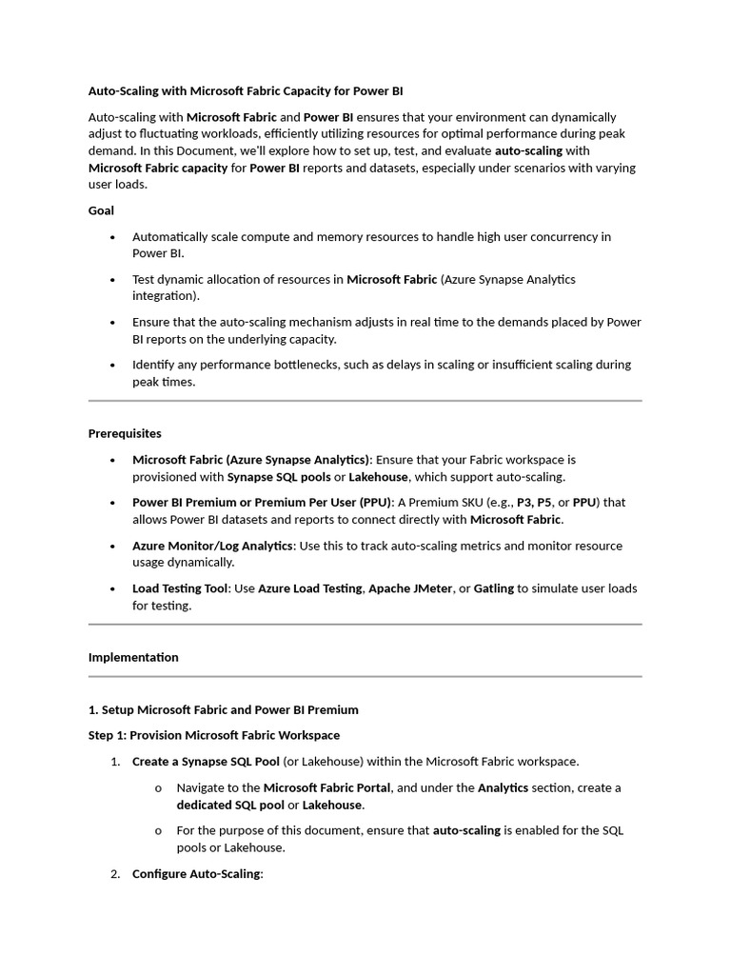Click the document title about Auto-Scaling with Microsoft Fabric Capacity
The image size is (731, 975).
[x=245, y=91]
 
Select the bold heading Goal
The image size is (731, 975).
[x=101, y=210]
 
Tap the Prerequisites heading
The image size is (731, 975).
[x=125, y=433]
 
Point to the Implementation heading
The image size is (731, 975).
[x=133, y=657]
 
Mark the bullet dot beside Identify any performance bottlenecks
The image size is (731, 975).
[x=113, y=366]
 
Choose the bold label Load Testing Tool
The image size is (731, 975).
[x=180, y=588]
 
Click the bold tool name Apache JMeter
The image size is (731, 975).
[x=410, y=588]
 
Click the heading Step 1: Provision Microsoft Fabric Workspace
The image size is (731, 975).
[x=214, y=735]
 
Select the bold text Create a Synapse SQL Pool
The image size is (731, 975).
[x=206, y=761]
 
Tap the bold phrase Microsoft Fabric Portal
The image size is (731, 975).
[x=326, y=787]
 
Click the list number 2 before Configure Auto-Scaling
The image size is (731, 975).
[x=115, y=873]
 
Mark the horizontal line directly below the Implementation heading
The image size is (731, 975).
[x=365, y=677]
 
